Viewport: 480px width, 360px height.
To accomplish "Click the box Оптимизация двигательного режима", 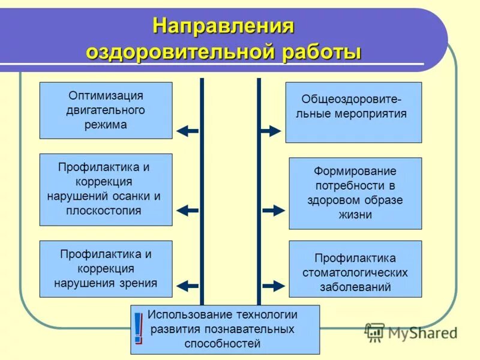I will [106, 110].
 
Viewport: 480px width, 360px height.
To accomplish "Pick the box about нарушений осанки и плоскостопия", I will [106, 189].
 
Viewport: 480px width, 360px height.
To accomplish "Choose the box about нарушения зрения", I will [106, 269].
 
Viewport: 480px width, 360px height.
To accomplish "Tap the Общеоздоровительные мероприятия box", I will [353, 112].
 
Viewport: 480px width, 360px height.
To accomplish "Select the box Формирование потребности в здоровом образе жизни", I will [355, 193].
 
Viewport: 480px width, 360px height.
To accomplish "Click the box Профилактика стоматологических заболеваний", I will [355, 269].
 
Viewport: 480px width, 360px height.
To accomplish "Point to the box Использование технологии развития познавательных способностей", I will [225, 329].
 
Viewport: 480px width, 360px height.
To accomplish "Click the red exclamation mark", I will [139, 329].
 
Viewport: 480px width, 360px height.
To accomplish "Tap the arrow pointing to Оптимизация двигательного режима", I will [187, 130].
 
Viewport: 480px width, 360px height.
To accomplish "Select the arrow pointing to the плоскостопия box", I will [187, 211].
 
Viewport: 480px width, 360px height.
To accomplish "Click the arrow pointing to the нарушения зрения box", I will [187, 286].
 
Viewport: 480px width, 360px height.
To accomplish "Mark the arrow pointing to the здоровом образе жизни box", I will [274, 211].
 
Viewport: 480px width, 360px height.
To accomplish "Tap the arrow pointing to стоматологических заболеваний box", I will [274, 286].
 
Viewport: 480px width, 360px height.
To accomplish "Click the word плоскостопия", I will [106, 211].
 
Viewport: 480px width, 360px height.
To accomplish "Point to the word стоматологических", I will [355, 272].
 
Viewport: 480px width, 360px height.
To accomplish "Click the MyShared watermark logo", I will [412, 332].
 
